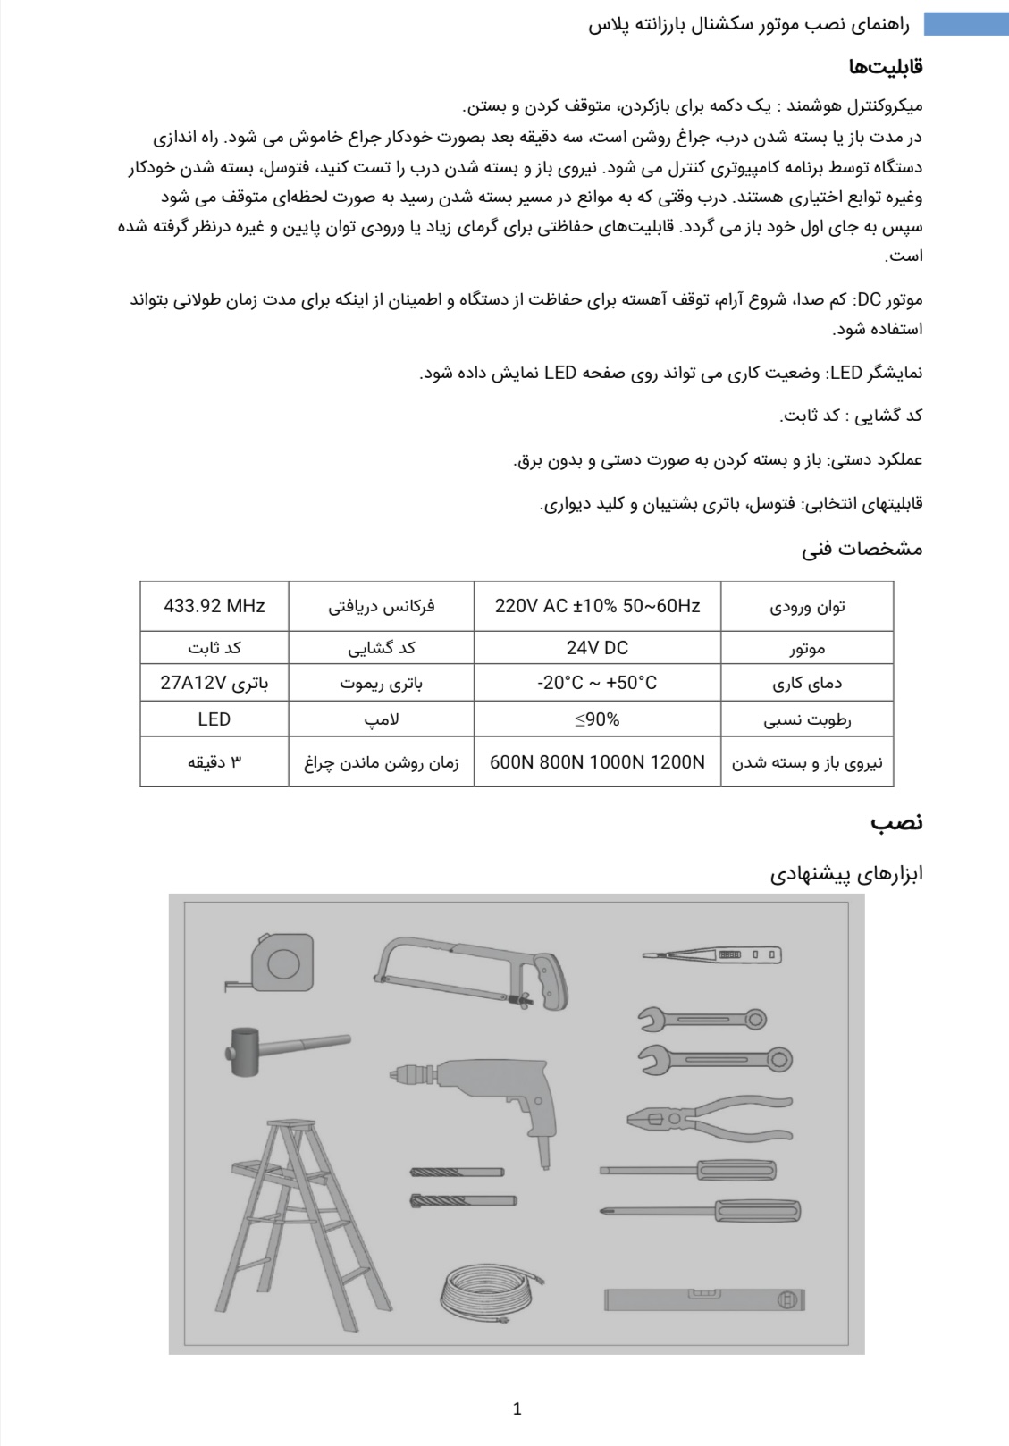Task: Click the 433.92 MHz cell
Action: tap(214, 606)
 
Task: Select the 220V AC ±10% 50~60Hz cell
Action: tap(597, 606)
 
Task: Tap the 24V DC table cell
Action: tap(597, 647)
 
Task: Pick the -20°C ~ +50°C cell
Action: tap(597, 683)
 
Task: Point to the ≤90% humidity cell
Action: tap(597, 719)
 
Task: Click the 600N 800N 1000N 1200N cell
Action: tap(597, 762)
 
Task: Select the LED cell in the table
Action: tap(214, 719)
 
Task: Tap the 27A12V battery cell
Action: tap(214, 683)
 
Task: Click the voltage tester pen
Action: tap(712, 955)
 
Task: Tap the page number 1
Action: tap(517, 1409)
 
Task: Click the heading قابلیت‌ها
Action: tap(885, 66)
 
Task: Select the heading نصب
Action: tap(896, 822)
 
